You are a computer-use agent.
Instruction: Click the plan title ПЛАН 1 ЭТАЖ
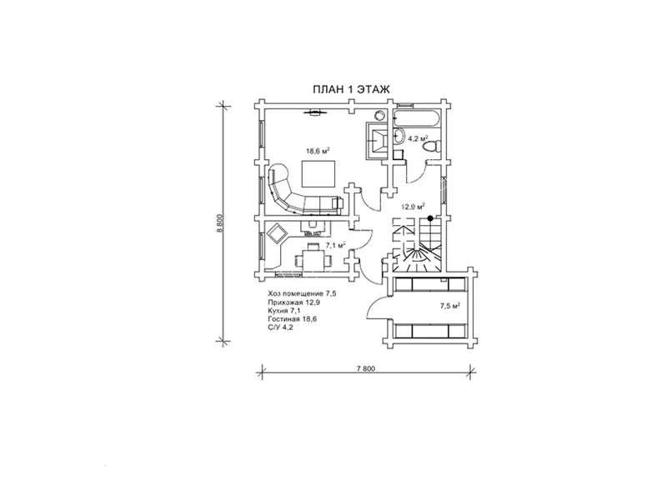coord(351,90)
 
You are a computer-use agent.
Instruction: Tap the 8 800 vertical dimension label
coord(219,222)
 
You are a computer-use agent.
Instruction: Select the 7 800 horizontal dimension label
coord(366,368)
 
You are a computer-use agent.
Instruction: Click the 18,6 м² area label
coord(318,151)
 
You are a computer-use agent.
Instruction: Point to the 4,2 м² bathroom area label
coord(419,138)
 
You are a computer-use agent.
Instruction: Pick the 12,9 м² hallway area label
coord(414,207)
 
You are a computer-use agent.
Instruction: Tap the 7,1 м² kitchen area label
coord(335,245)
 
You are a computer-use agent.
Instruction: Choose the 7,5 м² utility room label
coord(450,306)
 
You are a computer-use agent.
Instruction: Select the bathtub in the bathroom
coord(415,118)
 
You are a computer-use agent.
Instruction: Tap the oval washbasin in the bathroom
coord(399,136)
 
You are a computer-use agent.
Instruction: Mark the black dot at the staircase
coord(430,218)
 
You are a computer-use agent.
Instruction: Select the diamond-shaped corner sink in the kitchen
coord(278,233)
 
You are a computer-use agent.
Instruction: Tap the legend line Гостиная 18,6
coord(293,319)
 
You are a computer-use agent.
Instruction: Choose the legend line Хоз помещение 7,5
coord(303,294)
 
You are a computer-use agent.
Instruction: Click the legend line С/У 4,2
coord(280,327)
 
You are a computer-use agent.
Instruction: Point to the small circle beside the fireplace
coord(379,115)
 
